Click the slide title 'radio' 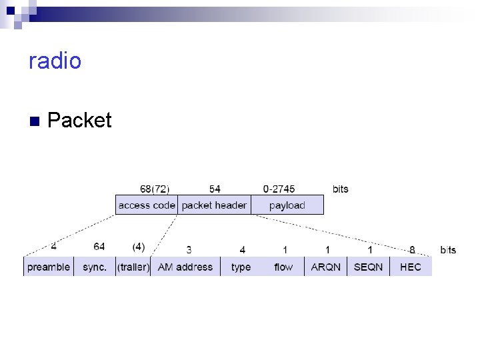pos(55,61)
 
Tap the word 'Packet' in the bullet pos(80,120)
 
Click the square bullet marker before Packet pos(35,121)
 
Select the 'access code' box pos(147,205)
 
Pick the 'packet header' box pos(214,205)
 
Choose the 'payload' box pos(287,205)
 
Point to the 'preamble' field pos(48,267)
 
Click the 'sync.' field pos(95,267)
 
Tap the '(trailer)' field pos(133,267)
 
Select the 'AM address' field pos(185,267)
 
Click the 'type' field pos(241,267)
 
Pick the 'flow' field pos(283,267)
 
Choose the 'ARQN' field pos(326,267)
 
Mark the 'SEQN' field pos(369,267)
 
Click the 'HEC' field pos(411,267)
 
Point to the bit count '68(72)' pos(154,189)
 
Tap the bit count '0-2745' pos(279,189)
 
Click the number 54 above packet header pos(215,189)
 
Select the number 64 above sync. pos(99,247)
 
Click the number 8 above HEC pos(412,250)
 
